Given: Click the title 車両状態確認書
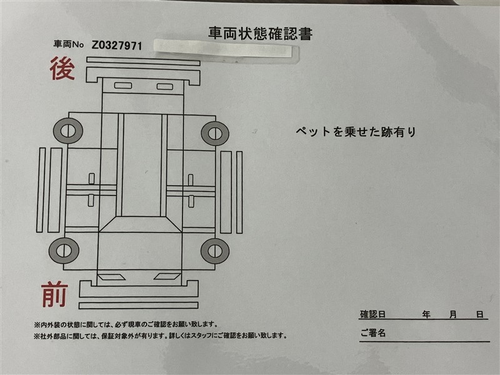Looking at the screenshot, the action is (x=260, y=34).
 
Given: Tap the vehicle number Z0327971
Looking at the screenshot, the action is (x=117, y=46).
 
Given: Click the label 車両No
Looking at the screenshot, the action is (x=69, y=44).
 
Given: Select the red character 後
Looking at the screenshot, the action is (x=62, y=68).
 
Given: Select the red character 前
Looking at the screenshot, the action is (x=54, y=294).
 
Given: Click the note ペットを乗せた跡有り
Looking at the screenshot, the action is (x=356, y=132).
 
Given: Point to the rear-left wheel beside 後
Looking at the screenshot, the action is (x=68, y=131).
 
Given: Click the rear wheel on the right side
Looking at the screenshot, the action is (x=215, y=134).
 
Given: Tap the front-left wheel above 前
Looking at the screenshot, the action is (x=64, y=251).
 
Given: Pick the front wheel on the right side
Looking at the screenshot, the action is (x=215, y=251).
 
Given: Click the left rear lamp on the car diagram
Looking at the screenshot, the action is (x=123, y=86).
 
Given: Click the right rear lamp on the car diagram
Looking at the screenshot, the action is (x=165, y=87).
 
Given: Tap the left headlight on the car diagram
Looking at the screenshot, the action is (x=111, y=277).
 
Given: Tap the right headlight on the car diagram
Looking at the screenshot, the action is (x=167, y=276).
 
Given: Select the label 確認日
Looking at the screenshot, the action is (x=372, y=314).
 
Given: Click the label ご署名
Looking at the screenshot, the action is (x=373, y=333).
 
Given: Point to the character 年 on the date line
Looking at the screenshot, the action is (x=426, y=314).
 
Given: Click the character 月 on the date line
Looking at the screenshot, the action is (x=452, y=314).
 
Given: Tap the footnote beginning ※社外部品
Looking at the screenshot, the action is (x=161, y=336).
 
